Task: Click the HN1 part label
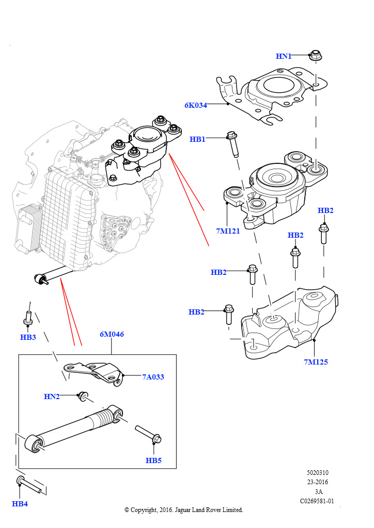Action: [284, 56]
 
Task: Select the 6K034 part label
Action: [195, 105]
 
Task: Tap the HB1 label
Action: [197, 139]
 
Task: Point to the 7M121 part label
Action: [228, 231]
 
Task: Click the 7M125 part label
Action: [316, 362]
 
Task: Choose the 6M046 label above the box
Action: [112, 334]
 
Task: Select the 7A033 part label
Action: [153, 377]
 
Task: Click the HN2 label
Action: [52, 397]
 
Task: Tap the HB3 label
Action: [28, 337]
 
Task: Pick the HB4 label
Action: [20, 504]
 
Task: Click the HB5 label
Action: [153, 460]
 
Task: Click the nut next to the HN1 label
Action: [314, 54]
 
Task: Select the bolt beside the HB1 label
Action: [232, 144]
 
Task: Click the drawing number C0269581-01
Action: [317, 501]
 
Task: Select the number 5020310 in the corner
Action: [317, 473]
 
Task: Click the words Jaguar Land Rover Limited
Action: [211, 509]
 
